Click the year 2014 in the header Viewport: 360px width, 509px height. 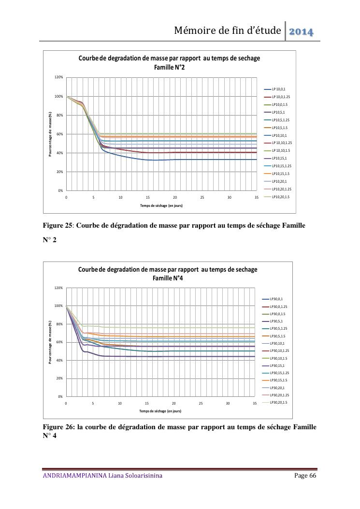coord(301,32)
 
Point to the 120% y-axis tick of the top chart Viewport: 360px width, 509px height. coord(59,77)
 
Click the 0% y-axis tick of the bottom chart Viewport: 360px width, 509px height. coord(60,397)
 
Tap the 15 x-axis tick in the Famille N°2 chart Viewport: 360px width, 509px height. coord(148,197)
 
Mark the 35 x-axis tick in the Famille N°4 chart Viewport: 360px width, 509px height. coord(255,404)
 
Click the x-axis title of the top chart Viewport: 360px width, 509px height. coord(161,205)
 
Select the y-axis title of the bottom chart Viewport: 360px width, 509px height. coord(50,342)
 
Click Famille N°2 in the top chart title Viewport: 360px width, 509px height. coord(169,68)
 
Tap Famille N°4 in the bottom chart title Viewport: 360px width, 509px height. coord(168,278)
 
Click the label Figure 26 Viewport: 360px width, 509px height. coord(59,427)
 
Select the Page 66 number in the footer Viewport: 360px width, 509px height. coord(305,476)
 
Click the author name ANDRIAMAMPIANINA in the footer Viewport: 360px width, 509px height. coord(75,476)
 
